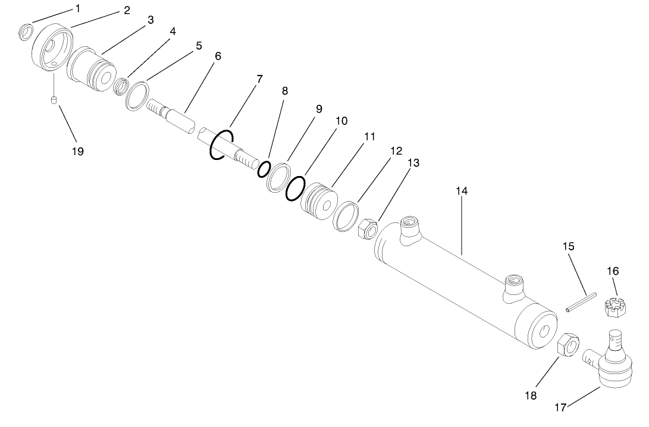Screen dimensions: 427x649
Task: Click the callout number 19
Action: (x=77, y=151)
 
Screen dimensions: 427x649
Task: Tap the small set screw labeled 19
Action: (x=53, y=101)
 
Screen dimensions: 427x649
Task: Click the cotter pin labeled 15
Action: (x=581, y=302)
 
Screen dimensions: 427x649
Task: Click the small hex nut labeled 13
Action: (x=366, y=228)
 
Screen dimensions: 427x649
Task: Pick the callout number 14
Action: (x=462, y=191)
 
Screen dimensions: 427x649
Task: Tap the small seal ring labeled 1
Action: (x=26, y=32)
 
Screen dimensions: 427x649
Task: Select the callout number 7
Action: (x=258, y=79)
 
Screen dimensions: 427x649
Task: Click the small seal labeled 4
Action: (x=121, y=87)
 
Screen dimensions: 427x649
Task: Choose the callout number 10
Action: (x=341, y=121)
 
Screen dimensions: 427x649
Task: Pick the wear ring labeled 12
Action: (x=345, y=215)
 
